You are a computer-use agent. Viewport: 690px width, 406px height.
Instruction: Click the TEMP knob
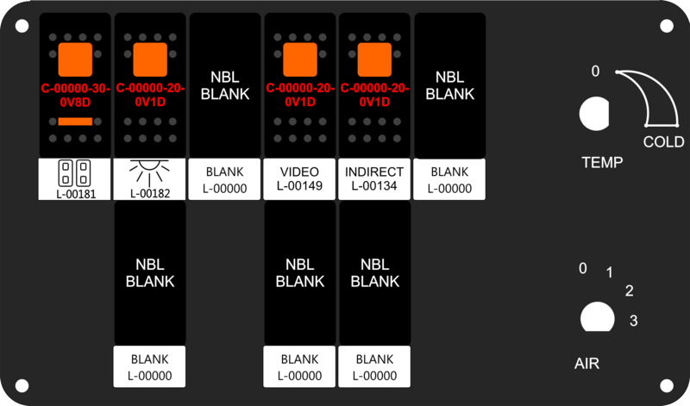594,114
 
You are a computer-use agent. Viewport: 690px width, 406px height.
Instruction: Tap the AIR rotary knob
597,317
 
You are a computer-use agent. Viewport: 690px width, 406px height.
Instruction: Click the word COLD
663,141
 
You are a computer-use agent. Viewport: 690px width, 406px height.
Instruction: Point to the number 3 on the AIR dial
633,320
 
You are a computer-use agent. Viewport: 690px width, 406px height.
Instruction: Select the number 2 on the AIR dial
630,290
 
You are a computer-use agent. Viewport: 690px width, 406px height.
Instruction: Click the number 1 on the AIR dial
609,272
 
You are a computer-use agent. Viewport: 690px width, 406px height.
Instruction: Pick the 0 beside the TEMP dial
595,71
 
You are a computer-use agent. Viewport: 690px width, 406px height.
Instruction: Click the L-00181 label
76,194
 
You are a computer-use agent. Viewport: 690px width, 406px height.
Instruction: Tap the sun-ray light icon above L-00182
149,172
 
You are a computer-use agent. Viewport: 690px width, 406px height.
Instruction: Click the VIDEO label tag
299,178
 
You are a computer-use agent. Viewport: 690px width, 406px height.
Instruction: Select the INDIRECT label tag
374,178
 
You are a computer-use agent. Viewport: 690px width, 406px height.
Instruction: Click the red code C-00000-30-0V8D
75,95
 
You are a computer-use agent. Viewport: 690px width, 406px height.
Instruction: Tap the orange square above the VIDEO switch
300,59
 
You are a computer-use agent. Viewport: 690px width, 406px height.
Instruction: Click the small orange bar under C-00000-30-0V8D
75,122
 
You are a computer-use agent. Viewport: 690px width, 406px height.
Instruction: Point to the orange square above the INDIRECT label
374,59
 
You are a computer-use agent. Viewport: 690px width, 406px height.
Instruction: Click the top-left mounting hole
22,26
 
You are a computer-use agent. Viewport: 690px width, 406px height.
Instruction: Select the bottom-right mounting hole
667,386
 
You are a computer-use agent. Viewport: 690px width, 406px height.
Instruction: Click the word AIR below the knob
586,364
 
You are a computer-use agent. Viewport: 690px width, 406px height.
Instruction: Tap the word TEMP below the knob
602,162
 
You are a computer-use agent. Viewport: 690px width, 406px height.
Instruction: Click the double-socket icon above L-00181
75,173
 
